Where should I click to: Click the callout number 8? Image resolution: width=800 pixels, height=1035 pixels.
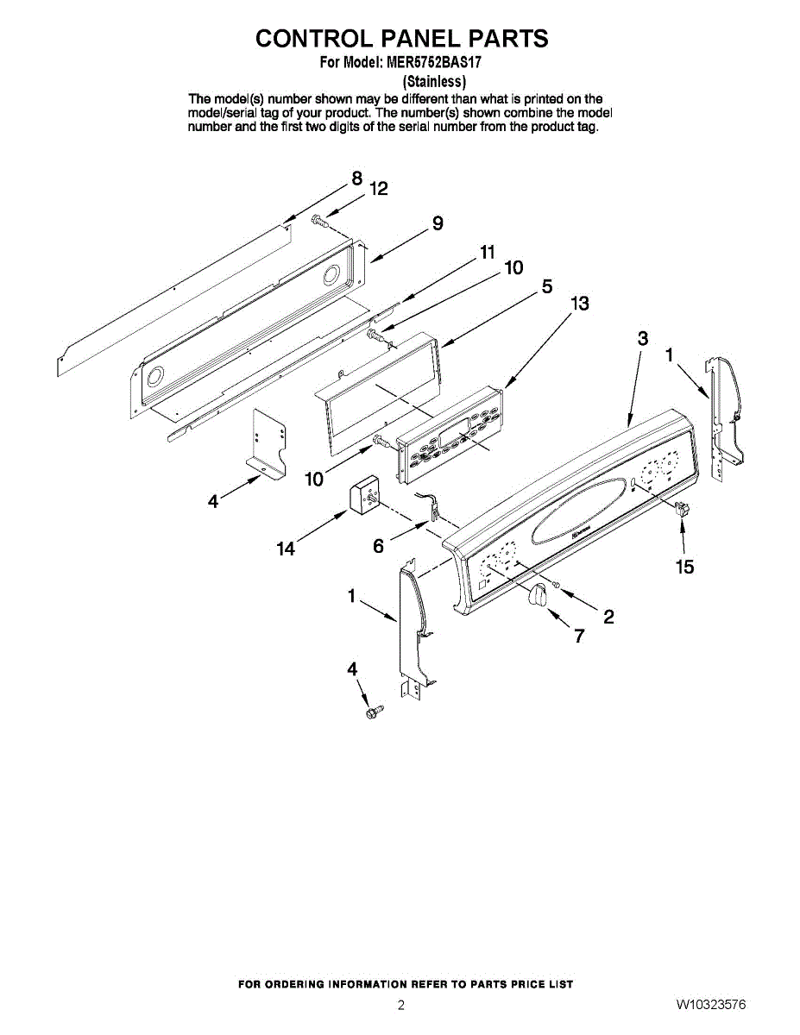click(356, 179)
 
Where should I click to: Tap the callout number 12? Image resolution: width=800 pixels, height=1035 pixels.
click(379, 189)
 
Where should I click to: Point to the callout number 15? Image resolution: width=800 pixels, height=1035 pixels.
click(685, 567)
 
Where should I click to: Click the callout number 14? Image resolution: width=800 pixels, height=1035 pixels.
click(286, 549)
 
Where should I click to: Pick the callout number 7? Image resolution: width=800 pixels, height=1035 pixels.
click(579, 637)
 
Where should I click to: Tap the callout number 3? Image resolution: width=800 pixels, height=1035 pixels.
click(642, 338)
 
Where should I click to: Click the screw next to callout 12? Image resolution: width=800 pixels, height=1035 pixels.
click(320, 220)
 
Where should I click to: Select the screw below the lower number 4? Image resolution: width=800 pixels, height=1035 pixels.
click(374, 712)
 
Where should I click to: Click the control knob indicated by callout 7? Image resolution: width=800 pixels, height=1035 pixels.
click(539, 596)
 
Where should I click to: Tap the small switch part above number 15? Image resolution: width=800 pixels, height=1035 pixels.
click(684, 508)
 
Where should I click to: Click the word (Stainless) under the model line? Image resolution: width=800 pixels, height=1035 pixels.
click(435, 82)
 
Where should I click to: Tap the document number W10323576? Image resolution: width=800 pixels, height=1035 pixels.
click(711, 1005)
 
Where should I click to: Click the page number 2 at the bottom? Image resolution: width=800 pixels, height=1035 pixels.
click(400, 1005)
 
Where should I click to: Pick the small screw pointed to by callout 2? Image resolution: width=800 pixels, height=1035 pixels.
click(557, 586)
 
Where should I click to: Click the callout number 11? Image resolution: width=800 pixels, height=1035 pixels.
click(488, 252)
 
